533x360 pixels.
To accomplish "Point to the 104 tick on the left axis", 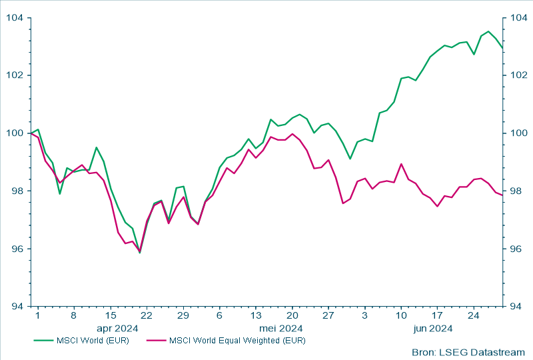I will pos(15,17).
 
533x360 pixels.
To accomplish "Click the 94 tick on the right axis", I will pos(517,307).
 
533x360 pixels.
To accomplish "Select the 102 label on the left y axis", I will pos(15,75).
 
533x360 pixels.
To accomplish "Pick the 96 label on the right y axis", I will pos(517,249).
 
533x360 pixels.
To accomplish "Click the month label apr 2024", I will pos(117,328).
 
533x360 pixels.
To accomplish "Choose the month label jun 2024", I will pos(433,328).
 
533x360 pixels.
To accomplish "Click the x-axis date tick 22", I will pos(147,315).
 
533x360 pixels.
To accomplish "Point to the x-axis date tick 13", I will pos(256,315).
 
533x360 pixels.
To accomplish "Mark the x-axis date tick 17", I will pos(438,315).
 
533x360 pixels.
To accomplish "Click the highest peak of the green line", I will pos(488,31).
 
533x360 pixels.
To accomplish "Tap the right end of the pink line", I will pos(502,195).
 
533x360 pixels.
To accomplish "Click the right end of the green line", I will pos(502,48).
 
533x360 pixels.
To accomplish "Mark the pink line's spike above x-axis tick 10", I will pos(401,164).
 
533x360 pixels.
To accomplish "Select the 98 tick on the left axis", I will pos(15,191).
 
